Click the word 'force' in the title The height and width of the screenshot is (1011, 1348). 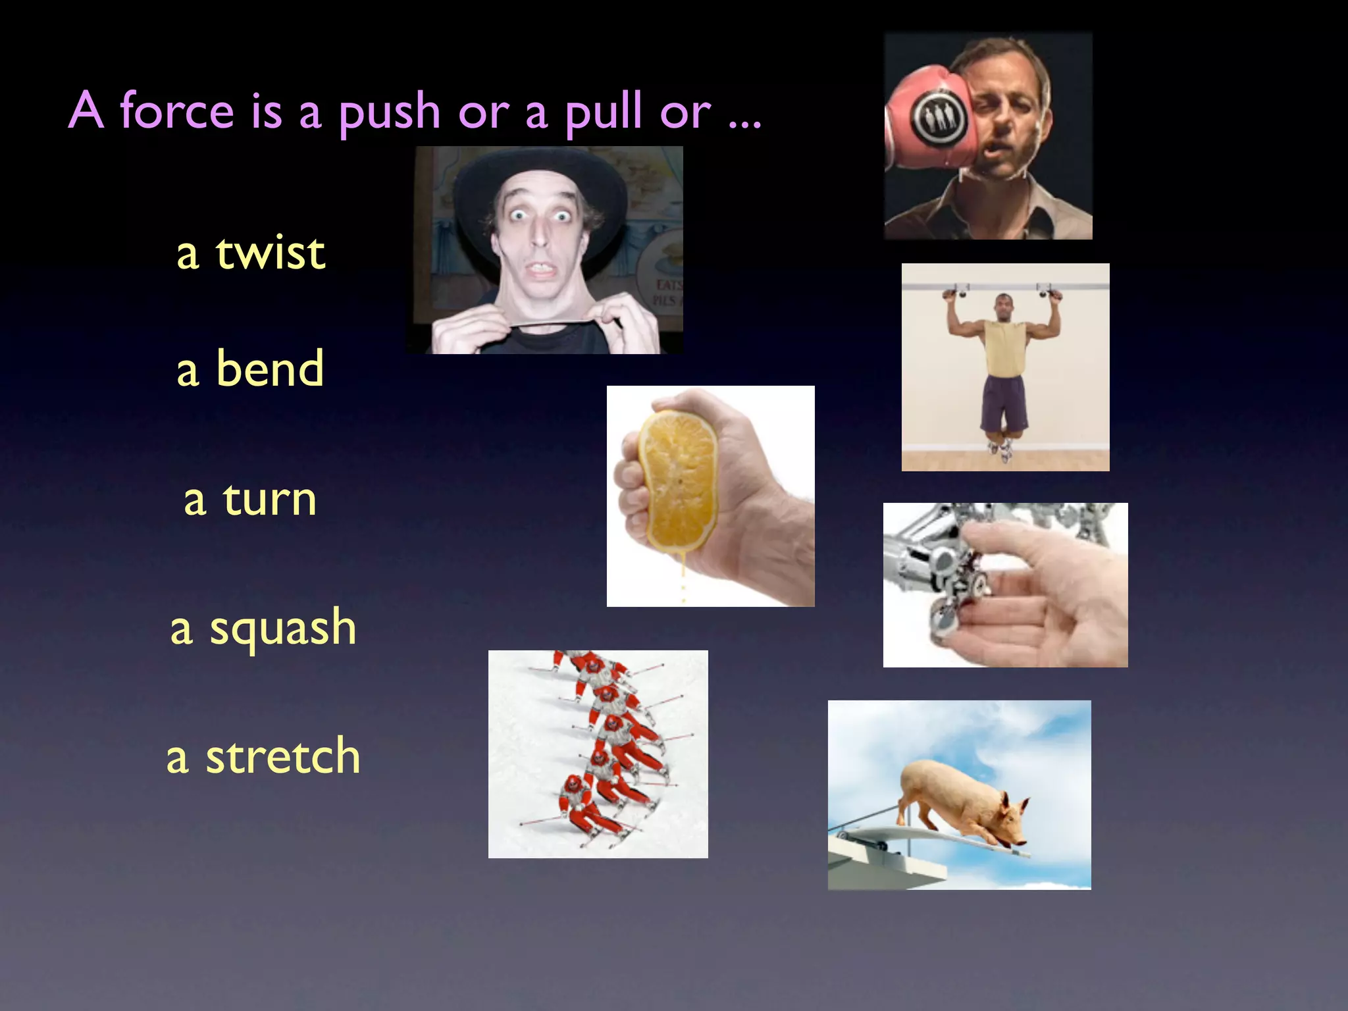[x=176, y=111]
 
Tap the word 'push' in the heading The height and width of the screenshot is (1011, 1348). [x=389, y=112]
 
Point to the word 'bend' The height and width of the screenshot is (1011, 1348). [x=270, y=369]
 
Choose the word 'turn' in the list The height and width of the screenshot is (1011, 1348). [x=270, y=499]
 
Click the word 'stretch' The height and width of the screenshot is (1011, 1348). [x=283, y=756]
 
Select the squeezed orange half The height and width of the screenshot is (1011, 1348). [x=678, y=480]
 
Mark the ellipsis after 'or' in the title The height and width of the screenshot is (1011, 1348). [x=745, y=122]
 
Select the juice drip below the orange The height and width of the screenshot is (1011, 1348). [x=683, y=579]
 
